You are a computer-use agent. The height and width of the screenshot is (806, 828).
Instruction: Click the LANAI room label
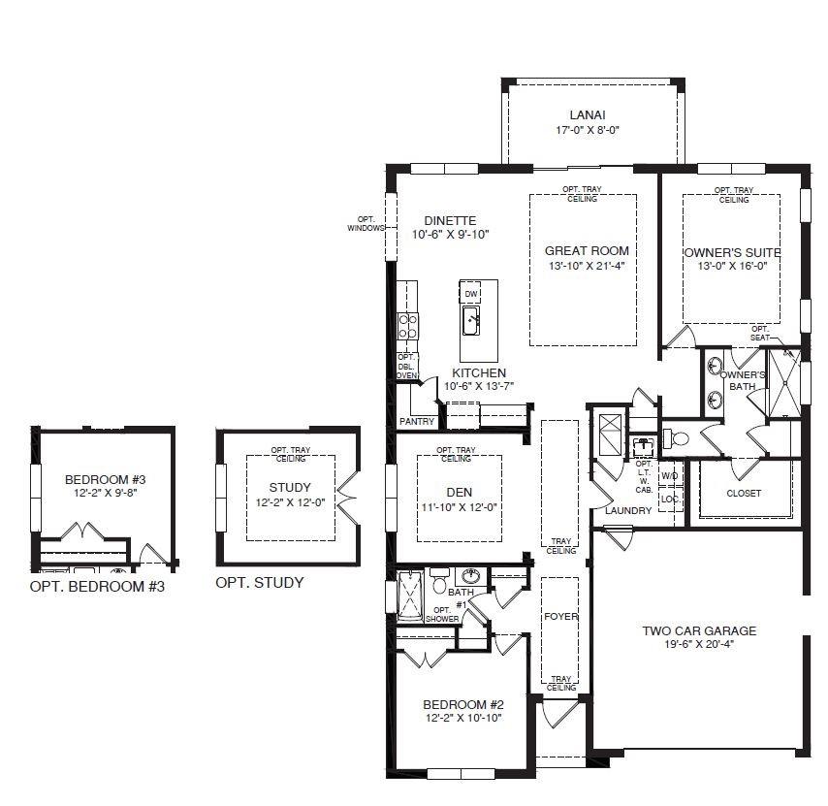point(588,114)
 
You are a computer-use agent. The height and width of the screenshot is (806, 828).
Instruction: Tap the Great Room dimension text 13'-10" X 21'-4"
point(587,266)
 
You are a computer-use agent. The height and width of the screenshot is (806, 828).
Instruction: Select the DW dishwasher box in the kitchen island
point(470,294)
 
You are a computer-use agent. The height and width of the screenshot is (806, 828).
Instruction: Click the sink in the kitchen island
point(470,321)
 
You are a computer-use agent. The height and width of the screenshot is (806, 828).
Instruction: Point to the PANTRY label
point(417,422)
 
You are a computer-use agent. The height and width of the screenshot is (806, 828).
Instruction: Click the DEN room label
point(459,493)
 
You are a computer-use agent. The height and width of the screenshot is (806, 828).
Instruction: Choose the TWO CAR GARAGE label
point(699,630)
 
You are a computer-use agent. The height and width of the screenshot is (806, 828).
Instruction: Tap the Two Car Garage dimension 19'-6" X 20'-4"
point(699,644)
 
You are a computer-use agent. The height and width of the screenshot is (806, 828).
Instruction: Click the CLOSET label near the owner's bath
point(744,494)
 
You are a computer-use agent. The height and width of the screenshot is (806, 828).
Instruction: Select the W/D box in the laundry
point(670,476)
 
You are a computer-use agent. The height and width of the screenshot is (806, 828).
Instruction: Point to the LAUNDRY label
point(628,511)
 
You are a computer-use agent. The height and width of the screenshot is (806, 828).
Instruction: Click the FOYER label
point(560,617)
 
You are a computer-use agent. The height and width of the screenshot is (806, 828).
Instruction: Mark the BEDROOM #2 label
point(463,704)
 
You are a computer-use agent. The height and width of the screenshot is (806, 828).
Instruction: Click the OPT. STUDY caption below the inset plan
point(260,583)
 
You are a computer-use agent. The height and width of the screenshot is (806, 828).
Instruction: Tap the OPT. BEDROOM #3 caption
point(97,586)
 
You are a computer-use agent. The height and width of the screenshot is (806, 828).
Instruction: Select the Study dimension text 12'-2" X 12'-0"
point(290,502)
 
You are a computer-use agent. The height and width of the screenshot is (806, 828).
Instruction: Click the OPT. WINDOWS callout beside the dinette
point(366,223)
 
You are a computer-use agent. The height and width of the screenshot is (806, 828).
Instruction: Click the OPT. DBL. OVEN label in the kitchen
point(406,366)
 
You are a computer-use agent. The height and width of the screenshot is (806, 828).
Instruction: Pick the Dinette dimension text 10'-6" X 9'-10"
point(451,235)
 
